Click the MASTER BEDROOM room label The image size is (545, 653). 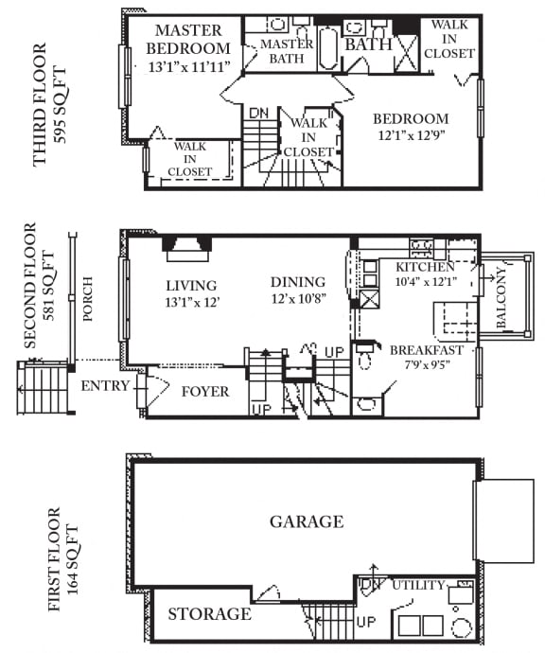[189, 40]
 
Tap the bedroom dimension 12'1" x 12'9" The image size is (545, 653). [411, 135]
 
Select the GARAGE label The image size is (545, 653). [307, 521]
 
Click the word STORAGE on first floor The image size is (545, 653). [209, 614]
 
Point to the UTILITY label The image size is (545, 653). [417, 585]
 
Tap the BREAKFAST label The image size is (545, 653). [428, 349]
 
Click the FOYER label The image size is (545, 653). [205, 391]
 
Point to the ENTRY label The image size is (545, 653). [104, 386]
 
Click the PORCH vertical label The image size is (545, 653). [88, 300]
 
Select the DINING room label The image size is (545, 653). [297, 282]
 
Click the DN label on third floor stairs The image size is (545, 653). [258, 113]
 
